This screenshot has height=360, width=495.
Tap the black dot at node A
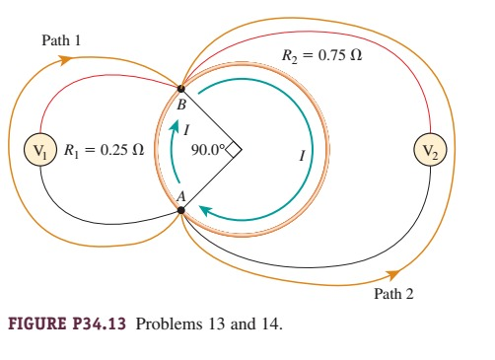(180, 207)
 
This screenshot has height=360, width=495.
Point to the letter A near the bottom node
(180, 196)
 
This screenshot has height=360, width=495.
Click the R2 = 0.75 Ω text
(322, 56)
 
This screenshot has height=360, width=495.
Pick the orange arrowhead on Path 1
(65, 60)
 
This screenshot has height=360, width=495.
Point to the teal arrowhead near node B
(177, 126)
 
